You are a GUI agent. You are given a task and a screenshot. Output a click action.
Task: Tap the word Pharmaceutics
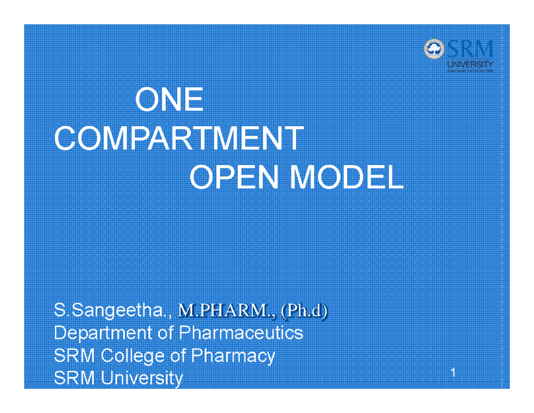pyautogui.click(x=241, y=333)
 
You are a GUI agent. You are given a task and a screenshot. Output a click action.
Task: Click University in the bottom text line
pyautogui.click(x=141, y=378)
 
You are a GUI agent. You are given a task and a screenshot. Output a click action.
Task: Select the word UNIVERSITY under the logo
pyautogui.click(x=470, y=64)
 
